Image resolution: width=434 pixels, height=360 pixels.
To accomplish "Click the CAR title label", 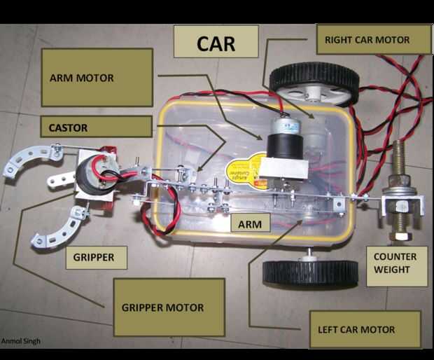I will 216,42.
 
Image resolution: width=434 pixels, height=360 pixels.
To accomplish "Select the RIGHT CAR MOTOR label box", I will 373,39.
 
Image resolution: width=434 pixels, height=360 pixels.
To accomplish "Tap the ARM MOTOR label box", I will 97,78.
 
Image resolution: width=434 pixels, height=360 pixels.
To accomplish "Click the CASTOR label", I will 96,127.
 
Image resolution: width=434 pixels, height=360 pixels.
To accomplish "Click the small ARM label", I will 250,224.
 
